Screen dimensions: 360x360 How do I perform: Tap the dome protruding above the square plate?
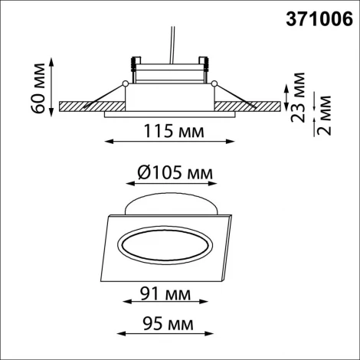coord(171,205)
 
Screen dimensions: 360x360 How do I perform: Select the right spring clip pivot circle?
coord(217,83)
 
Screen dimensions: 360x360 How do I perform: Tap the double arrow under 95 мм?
coord(166,335)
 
